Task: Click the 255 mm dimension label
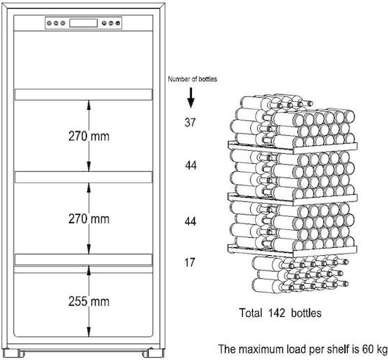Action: click(x=89, y=301)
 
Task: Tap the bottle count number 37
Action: click(x=190, y=122)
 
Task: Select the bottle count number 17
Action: click(x=190, y=262)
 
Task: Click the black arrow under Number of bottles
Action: click(x=191, y=98)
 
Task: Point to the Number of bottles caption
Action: click(x=193, y=79)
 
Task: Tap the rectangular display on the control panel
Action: click(x=83, y=23)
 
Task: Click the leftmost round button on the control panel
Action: click(x=50, y=23)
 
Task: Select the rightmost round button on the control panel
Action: click(x=118, y=23)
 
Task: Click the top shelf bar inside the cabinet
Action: click(x=83, y=95)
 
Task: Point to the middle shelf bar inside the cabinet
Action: click(x=83, y=177)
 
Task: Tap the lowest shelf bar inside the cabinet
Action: click(x=83, y=259)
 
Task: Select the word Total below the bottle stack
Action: click(x=251, y=313)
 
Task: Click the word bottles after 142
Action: click(x=306, y=313)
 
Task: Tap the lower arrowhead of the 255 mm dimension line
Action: click(x=89, y=331)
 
